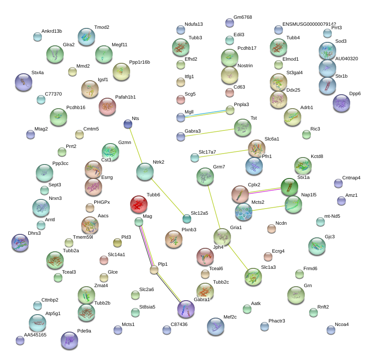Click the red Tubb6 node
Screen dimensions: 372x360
tap(139, 204)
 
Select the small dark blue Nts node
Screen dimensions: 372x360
tap(128, 124)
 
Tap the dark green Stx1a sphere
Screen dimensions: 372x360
tap(289, 187)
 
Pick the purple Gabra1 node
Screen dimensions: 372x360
tap(186, 309)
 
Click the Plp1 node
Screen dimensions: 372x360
tap(154, 270)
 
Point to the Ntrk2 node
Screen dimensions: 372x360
tap(145, 171)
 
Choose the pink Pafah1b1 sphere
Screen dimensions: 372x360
tap(107, 106)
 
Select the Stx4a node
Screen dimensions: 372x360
tap(24, 82)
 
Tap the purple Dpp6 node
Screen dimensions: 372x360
tap(341, 103)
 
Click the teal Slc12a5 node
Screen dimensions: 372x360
tap(187, 219)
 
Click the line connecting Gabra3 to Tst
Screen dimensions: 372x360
tap(210, 133)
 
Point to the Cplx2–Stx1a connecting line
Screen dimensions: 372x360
tap(265, 191)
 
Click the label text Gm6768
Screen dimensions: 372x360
tap(243, 17)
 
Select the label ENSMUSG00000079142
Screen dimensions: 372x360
tap(309, 24)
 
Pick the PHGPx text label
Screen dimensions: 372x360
tap(102, 202)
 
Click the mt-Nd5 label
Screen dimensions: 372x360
tap(332, 216)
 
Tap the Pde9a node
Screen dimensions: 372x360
tap(69, 340)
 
